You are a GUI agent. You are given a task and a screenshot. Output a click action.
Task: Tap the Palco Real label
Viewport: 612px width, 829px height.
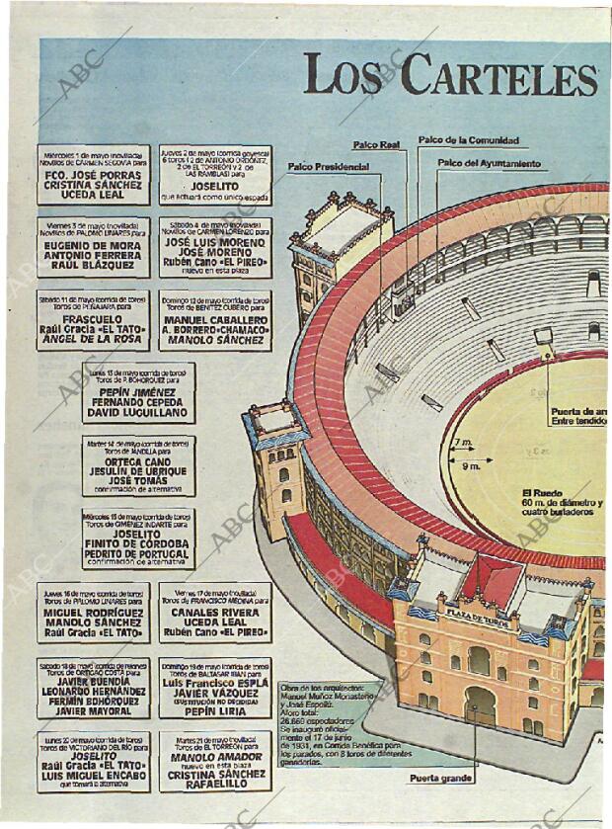377,146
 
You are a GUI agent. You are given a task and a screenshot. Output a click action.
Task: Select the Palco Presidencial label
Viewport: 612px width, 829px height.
328,167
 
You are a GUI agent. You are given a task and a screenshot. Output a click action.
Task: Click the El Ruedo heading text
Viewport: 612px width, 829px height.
542,491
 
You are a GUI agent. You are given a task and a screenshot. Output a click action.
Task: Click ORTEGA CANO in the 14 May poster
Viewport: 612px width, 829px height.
139,460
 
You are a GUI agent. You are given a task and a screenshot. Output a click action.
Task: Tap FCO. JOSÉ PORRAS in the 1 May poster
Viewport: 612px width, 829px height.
94,175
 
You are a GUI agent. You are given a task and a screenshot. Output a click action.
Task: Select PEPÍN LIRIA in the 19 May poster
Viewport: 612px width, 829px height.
215,709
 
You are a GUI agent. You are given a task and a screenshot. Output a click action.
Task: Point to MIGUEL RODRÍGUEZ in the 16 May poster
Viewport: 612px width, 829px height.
94,612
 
